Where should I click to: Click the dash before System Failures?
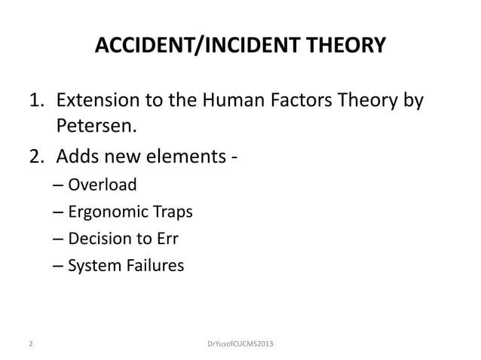[x=60, y=266]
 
